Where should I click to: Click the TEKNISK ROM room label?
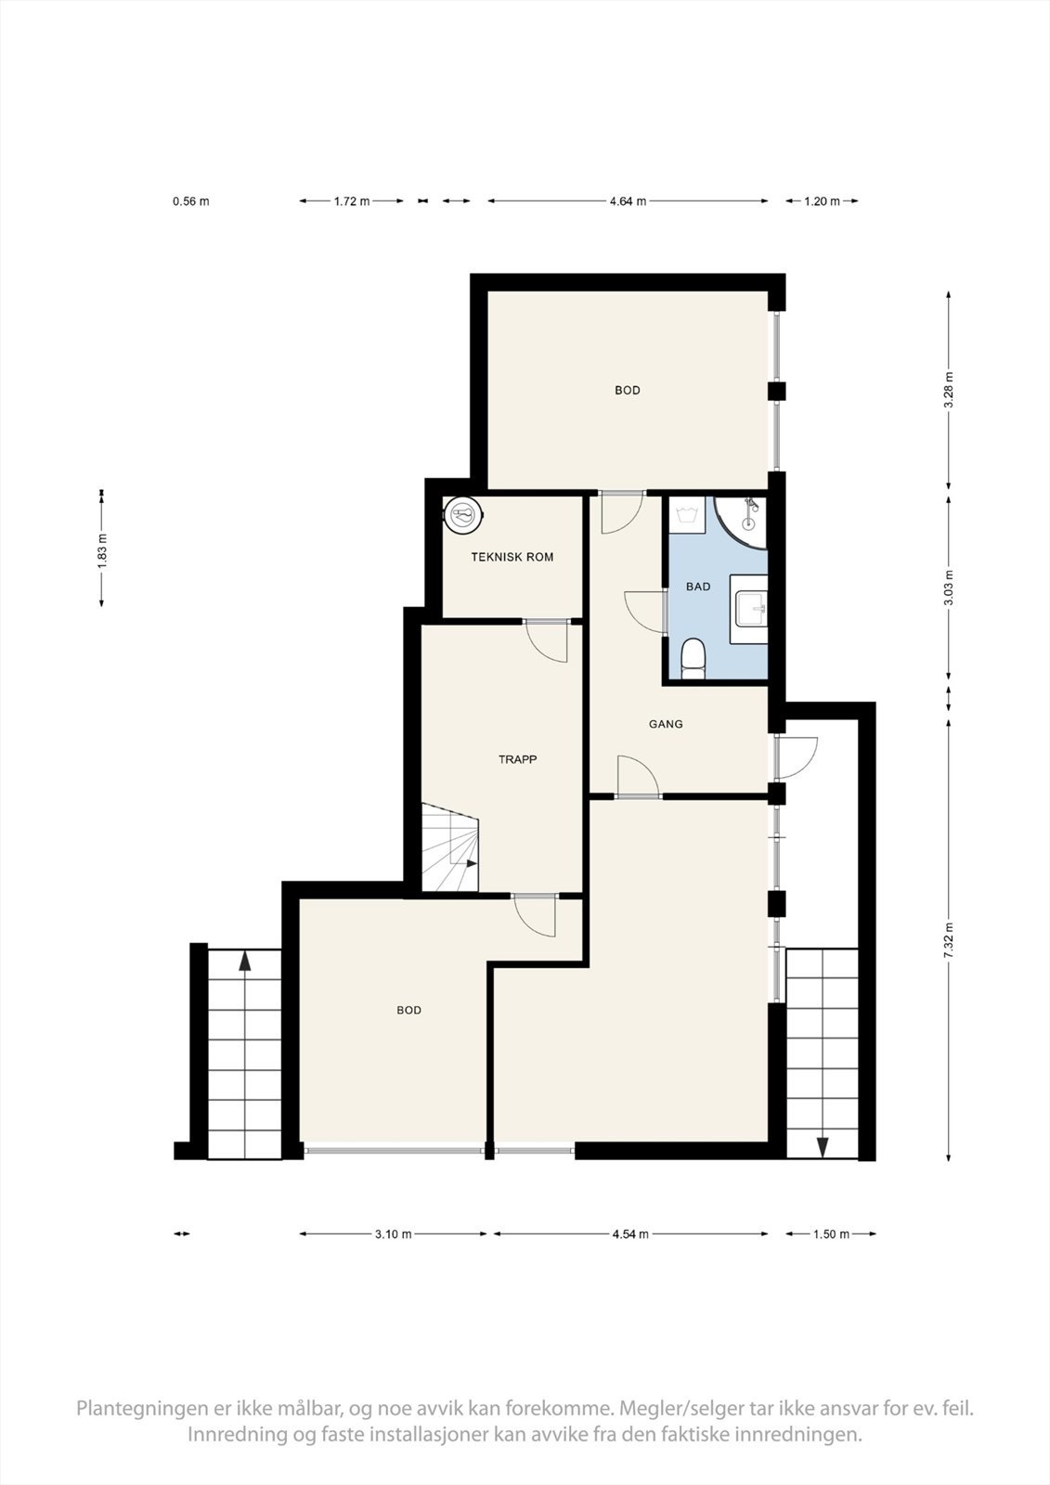coord(512,557)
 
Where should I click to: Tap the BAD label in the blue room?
coord(698,586)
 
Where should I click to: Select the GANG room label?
coord(666,724)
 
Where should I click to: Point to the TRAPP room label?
coord(517,759)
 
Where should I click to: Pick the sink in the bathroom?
coord(749,609)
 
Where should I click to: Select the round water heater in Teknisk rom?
coord(463,514)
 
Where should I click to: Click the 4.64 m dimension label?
coord(628,200)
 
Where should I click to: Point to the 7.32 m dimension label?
coord(949,939)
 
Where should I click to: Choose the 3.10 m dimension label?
coord(394,1233)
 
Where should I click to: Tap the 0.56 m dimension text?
coord(191,201)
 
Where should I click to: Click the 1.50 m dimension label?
coord(831,1233)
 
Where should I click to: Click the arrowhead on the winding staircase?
coord(472,863)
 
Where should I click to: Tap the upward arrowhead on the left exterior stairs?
coord(245,962)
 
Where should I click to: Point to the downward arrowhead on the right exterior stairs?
coord(823,1147)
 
